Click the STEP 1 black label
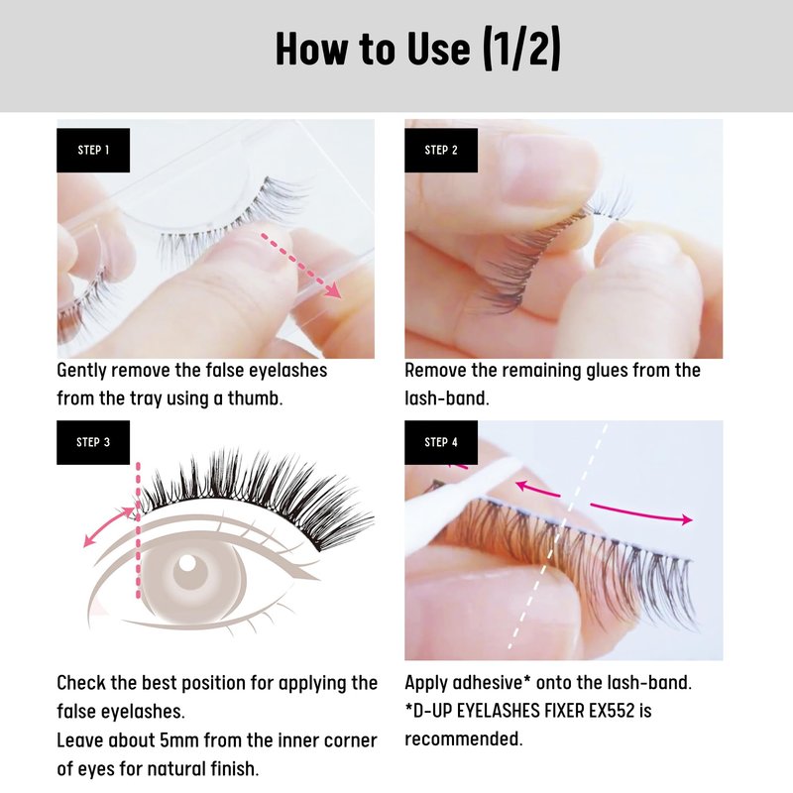(x=93, y=151)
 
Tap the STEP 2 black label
(x=441, y=151)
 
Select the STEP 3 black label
(x=93, y=442)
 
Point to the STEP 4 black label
(x=441, y=442)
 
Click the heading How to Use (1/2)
(x=417, y=49)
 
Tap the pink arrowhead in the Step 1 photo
(x=333, y=290)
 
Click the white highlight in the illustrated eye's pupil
(x=187, y=563)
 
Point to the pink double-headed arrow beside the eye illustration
(x=107, y=527)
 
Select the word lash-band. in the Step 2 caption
(x=447, y=398)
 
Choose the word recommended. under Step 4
(x=463, y=738)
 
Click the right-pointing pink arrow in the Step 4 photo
(x=641, y=512)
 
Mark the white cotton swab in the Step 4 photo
(x=460, y=501)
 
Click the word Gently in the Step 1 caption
(x=81, y=371)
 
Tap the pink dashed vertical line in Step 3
(x=138, y=530)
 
